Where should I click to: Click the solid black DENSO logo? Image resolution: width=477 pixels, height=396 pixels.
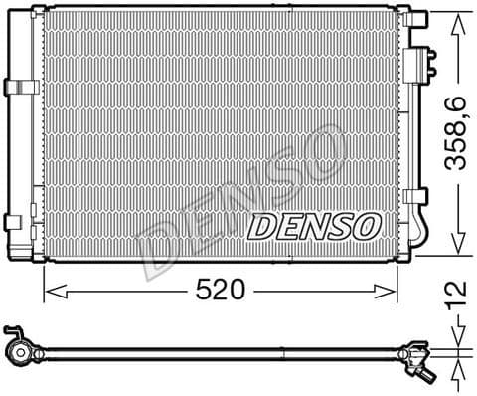click(x=312, y=226)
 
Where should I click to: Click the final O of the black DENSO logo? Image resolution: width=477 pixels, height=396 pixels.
click(x=365, y=226)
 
